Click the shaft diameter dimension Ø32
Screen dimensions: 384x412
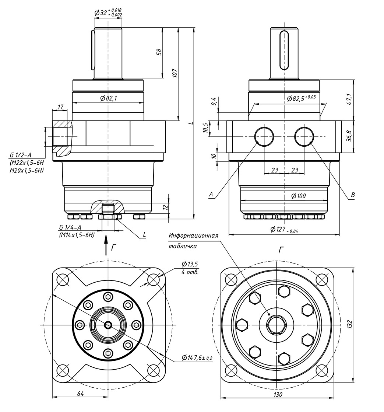(x=100, y=13)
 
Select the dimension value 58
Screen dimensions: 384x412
(x=159, y=52)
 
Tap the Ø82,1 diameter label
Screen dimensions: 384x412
(x=108, y=98)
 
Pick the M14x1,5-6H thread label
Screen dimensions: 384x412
(x=77, y=235)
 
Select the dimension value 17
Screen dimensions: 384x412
(x=60, y=107)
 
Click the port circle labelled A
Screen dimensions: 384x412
(x=264, y=136)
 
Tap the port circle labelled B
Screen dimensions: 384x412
(x=304, y=136)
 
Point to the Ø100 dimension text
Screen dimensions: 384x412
(x=299, y=196)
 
